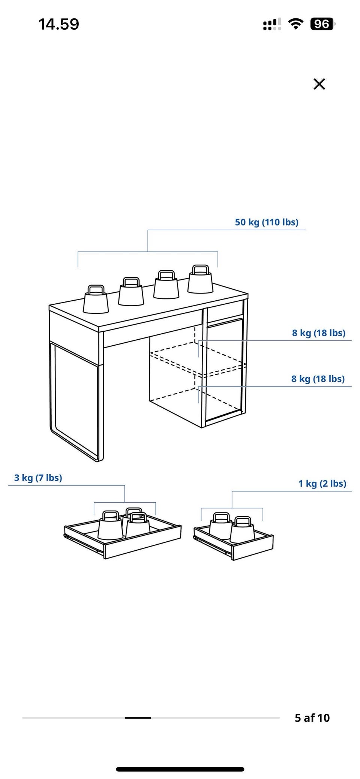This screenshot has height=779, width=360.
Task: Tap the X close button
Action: (x=319, y=84)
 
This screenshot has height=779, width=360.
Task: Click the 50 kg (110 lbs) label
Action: (x=267, y=222)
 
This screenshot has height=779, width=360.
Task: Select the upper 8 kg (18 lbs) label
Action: (x=319, y=333)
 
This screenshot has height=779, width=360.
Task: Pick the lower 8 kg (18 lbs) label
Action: (x=318, y=379)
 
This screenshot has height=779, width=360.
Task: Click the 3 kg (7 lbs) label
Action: (x=38, y=478)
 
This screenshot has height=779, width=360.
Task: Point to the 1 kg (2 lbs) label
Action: (x=322, y=484)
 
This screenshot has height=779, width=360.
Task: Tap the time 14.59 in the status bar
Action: (x=59, y=24)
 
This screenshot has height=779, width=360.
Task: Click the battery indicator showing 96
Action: (x=322, y=24)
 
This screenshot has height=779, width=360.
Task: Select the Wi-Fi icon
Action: (x=296, y=24)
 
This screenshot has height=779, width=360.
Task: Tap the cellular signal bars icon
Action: (x=272, y=24)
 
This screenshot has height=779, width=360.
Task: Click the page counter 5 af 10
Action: (x=312, y=718)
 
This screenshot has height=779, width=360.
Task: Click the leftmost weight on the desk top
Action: (x=96, y=300)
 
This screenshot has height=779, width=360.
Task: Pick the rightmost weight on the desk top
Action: (x=200, y=280)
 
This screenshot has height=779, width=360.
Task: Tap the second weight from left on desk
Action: (x=131, y=292)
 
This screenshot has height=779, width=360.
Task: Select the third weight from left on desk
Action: (x=166, y=285)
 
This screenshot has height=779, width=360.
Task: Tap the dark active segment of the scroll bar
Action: (x=138, y=718)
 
